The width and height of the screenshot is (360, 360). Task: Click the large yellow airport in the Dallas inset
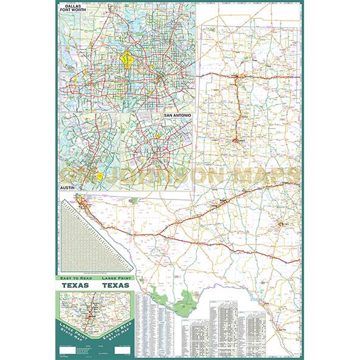[127, 60]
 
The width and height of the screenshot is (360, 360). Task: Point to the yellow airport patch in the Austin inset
[100, 175]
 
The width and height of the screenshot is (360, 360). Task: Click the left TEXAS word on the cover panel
[74, 285]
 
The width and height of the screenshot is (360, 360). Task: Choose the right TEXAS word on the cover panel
[115, 285]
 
